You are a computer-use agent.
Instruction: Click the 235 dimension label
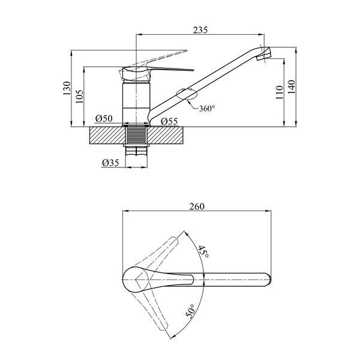200,30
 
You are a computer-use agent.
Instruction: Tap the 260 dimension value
197,206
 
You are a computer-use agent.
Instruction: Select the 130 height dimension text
67,88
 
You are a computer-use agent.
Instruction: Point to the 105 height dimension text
79,96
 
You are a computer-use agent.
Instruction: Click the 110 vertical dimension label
280,92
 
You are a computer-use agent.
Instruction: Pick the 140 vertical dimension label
292,86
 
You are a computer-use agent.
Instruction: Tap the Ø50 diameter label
104,118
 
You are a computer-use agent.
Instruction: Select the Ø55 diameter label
169,121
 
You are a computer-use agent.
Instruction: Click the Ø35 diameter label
110,163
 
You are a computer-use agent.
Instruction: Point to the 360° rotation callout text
207,109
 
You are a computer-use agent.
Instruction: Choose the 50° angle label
190,311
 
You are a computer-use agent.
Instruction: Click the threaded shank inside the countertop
136,135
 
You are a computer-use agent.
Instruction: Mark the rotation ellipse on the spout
187,94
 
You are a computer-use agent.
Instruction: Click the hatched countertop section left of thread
107,135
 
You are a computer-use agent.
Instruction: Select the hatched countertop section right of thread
166,135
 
